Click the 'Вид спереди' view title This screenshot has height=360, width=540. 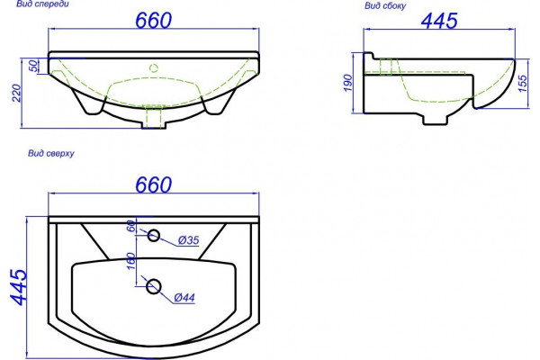(42, 4)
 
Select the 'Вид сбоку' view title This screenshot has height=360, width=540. (385, 6)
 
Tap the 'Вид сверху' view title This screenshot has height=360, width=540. (51, 153)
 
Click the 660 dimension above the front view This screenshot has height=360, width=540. (153, 21)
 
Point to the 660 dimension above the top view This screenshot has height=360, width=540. (153, 184)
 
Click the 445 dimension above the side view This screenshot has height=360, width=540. (439, 21)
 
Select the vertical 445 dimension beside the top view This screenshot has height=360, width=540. (19, 287)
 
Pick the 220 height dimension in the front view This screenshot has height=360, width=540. (17, 93)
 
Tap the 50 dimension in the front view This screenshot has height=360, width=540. (33, 66)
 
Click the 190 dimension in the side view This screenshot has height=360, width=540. (348, 83)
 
